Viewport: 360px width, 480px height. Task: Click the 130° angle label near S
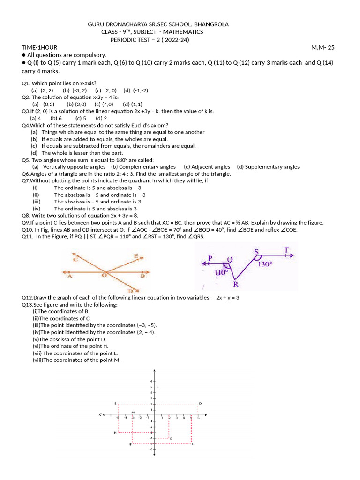265,264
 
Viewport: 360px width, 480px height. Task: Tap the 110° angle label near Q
221,272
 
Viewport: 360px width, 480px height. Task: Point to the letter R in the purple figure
236,284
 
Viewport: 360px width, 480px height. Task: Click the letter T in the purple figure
286,250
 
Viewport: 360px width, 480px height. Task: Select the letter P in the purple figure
210,258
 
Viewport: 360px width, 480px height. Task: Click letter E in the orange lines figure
135,256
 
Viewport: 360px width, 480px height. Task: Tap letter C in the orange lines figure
75,258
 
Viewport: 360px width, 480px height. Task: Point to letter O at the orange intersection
105,276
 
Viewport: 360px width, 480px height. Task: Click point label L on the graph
158,387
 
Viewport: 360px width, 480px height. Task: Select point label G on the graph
171,439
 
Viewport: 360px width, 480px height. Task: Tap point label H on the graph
115,433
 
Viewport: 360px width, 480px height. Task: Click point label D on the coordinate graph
200,403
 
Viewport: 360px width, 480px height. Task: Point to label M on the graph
133,412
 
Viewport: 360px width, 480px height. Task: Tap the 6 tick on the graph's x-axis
198,418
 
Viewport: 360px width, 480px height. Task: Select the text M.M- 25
323,47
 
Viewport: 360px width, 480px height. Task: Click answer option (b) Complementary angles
143,166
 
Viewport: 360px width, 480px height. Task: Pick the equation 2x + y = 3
228,297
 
